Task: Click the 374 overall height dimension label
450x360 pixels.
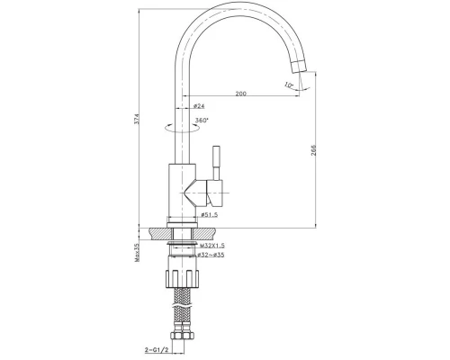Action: (x=137, y=119)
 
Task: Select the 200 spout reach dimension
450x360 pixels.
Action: (x=240, y=94)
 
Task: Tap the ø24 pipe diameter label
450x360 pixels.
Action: (x=199, y=106)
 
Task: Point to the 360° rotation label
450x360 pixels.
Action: (x=202, y=121)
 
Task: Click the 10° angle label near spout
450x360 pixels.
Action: (x=289, y=85)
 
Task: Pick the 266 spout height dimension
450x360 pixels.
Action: (x=313, y=150)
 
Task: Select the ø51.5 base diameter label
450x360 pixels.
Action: (x=209, y=215)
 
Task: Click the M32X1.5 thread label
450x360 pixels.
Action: (x=212, y=246)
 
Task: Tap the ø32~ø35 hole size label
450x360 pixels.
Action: (x=211, y=255)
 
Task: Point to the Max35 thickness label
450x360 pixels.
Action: (x=137, y=253)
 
